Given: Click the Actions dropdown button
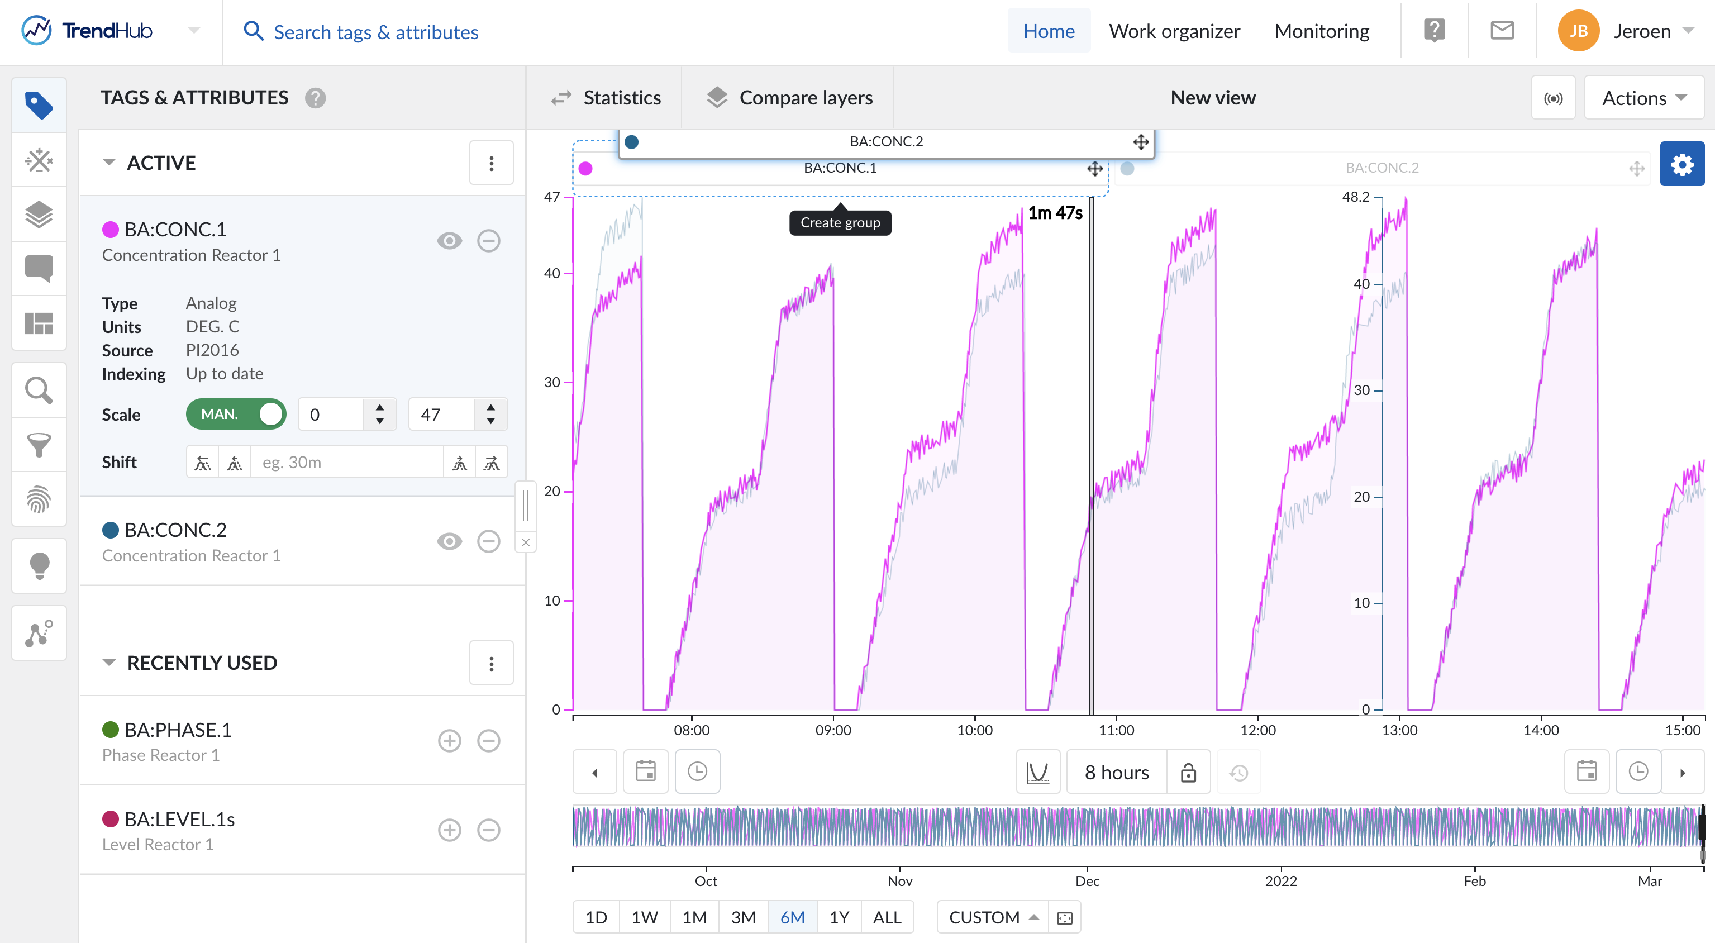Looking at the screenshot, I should [x=1643, y=98].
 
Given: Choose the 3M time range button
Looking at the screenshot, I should [x=743, y=917].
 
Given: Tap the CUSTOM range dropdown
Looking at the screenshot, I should [x=993, y=917].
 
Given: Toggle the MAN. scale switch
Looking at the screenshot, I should [x=236, y=414].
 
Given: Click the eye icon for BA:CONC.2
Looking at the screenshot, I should [x=449, y=541].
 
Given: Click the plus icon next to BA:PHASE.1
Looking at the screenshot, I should [x=449, y=741].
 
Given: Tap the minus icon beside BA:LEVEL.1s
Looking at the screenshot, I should [x=489, y=830].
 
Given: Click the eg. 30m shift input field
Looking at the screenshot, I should [x=346, y=462].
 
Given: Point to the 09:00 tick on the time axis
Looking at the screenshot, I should [x=833, y=730].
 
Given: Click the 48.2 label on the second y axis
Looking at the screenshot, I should [x=1355, y=197].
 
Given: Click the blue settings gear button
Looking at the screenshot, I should [x=1681, y=164].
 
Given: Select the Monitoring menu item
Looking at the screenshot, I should [x=1322, y=31].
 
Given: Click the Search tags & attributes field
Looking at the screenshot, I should [x=375, y=32].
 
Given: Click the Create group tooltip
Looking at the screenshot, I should [x=840, y=222].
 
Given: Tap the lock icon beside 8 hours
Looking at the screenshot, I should [x=1188, y=773].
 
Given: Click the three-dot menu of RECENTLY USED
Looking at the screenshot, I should [x=492, y=663].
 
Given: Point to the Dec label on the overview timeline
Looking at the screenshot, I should [x=1087, y=880].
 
